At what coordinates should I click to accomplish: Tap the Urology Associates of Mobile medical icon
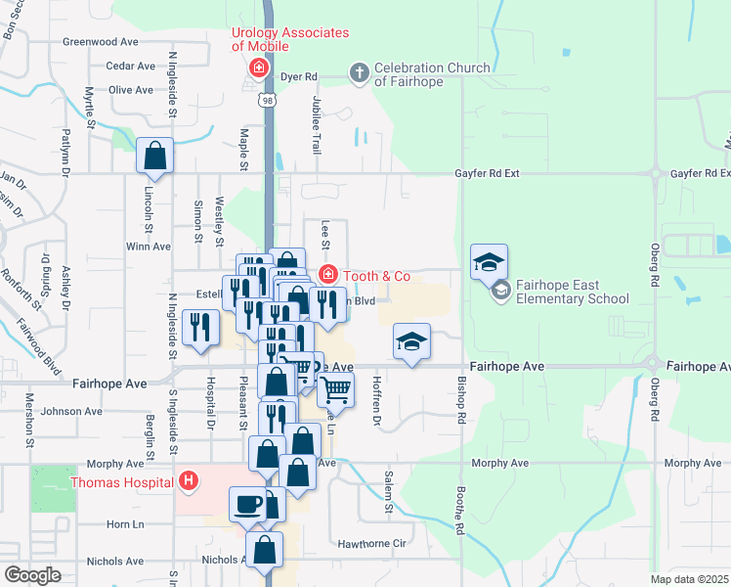(x=259, y=68)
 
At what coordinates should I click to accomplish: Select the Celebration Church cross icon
(x=359, y=73)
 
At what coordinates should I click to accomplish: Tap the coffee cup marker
(x=246, y=503)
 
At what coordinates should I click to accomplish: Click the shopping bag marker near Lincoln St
(x=155, y=155)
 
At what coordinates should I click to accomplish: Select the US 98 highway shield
(x=267, y=100)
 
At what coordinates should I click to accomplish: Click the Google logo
(x=32, y=575)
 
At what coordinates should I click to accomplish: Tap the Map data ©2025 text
(x=688, y=579)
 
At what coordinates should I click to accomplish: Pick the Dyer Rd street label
(x=299, y=75)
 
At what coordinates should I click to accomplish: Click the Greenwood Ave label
(x=101, y=42)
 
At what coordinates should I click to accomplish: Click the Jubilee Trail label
(x=317, y=126)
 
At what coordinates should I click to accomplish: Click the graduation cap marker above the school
(x=490, y=261)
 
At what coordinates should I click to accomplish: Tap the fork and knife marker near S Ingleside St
(x=201, y=328)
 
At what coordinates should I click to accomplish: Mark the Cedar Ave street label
(x=132, y=67)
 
